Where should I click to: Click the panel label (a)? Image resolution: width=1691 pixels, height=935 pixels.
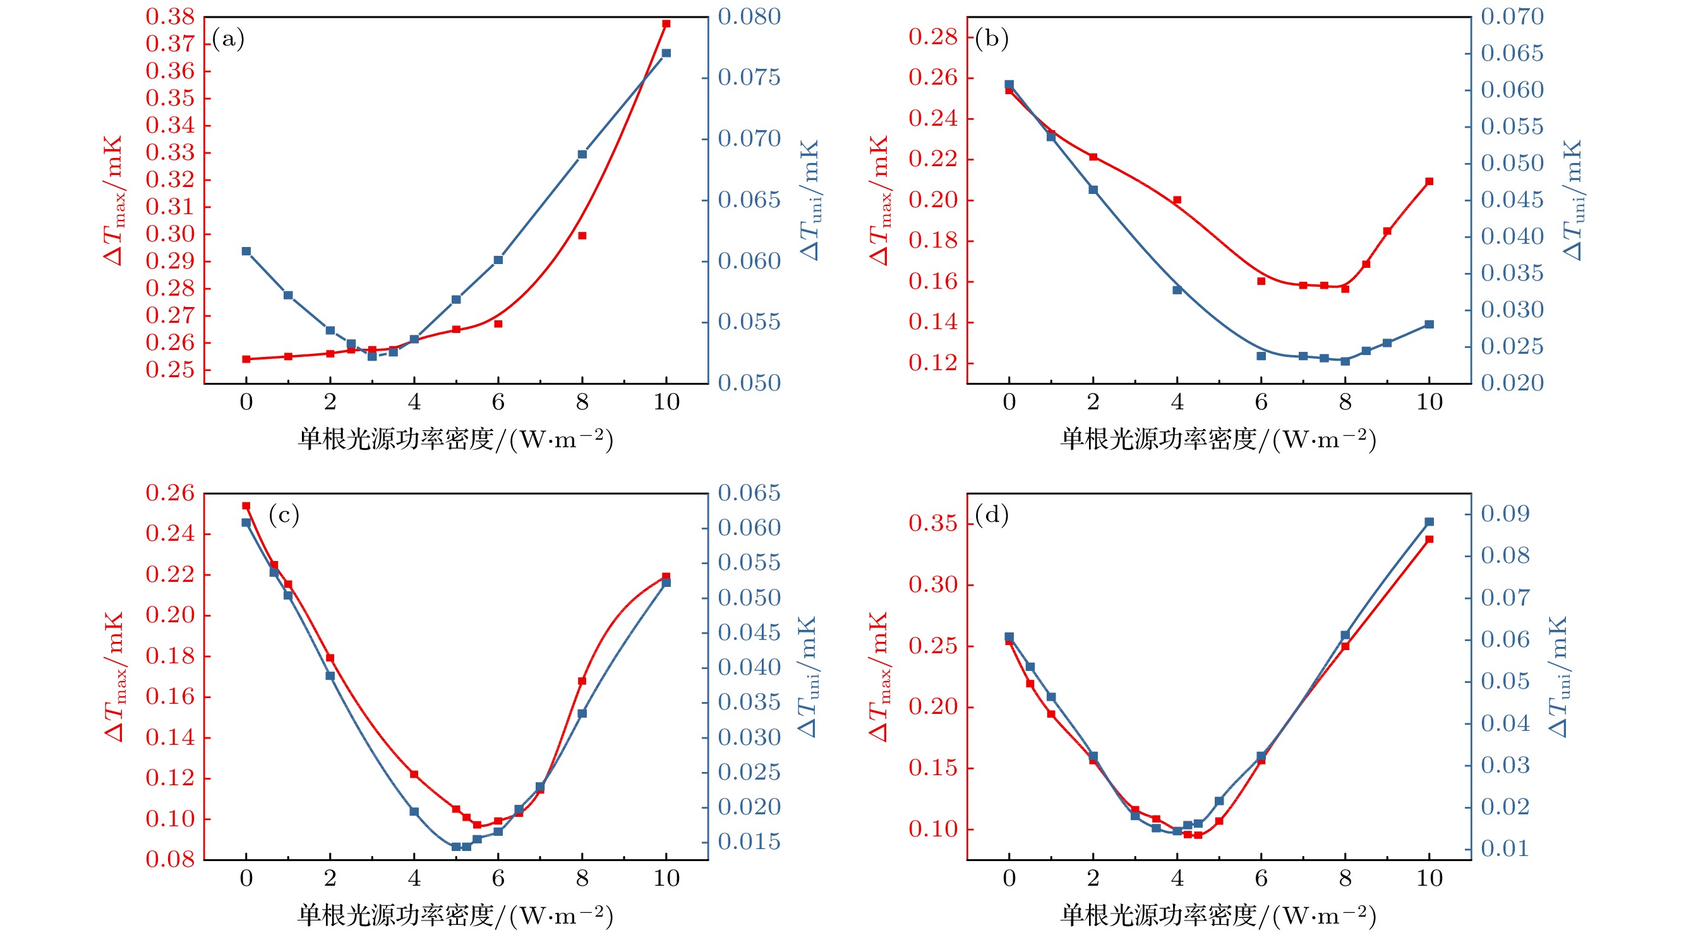228,39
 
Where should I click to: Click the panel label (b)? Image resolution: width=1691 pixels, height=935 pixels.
991,39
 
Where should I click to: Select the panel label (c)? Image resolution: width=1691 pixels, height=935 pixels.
284,516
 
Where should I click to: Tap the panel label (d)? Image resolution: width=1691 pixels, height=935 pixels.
991,516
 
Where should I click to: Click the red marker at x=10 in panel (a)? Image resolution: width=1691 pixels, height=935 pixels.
666,23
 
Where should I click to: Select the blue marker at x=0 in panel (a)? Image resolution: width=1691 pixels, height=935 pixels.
246,251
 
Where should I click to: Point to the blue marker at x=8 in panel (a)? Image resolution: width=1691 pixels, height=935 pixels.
582,154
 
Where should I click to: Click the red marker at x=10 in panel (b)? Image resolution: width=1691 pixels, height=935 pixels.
1429,181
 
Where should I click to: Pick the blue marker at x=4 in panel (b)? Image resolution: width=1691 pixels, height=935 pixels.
1177,290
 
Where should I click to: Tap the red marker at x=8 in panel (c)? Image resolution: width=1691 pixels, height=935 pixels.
582,681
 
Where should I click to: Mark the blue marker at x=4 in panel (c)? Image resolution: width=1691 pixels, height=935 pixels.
414,812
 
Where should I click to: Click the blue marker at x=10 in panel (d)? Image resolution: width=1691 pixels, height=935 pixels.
1429,522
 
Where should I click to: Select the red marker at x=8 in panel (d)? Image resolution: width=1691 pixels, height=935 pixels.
1345,647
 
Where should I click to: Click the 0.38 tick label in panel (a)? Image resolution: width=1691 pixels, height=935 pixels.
170,17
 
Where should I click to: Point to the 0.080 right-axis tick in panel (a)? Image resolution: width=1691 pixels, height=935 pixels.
749,17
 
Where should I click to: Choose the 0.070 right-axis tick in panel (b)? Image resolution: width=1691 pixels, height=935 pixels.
1512,17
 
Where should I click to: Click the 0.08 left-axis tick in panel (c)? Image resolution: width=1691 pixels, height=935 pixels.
170,859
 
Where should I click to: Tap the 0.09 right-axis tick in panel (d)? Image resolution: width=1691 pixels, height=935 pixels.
1505,514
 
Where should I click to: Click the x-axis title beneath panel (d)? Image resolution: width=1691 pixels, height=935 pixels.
1218,915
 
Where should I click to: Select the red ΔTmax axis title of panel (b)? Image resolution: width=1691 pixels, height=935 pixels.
880,200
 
